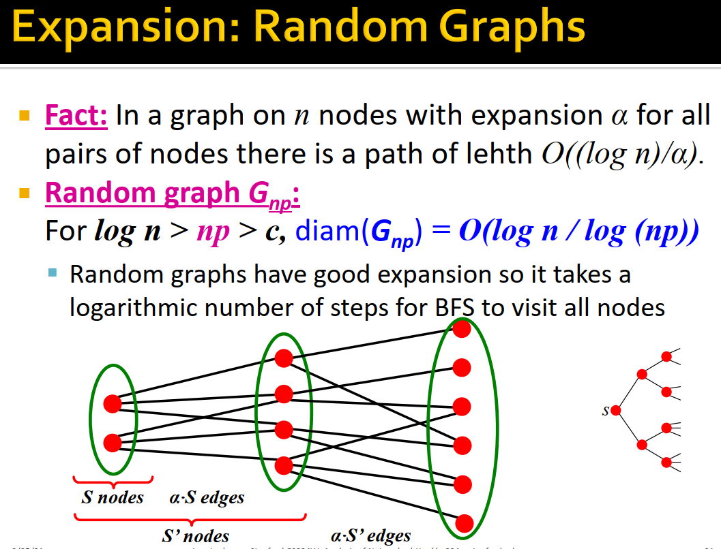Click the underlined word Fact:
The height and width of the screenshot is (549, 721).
[x=76, y=116]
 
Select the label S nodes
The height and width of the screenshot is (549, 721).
[x=113, y=497]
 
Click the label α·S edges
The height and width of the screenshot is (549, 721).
[x=207, y=498]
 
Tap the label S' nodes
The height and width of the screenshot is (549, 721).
[x=195, y=536]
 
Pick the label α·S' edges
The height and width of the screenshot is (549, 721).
[x=370, y=536]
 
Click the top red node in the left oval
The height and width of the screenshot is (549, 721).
[x=113, y=404]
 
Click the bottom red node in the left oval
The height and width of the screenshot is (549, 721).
[x=113, y=443]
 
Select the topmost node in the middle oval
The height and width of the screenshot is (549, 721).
[x=284, y=358]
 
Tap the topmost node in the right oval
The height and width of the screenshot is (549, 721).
[x=462, y=329]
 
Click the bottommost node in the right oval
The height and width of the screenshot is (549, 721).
[x=464, y=523]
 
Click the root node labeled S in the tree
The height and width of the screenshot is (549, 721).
[x=616, y=410]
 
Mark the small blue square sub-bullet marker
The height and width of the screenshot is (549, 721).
[x=53, y=273]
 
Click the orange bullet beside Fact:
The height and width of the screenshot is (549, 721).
[x=25, y=115]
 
